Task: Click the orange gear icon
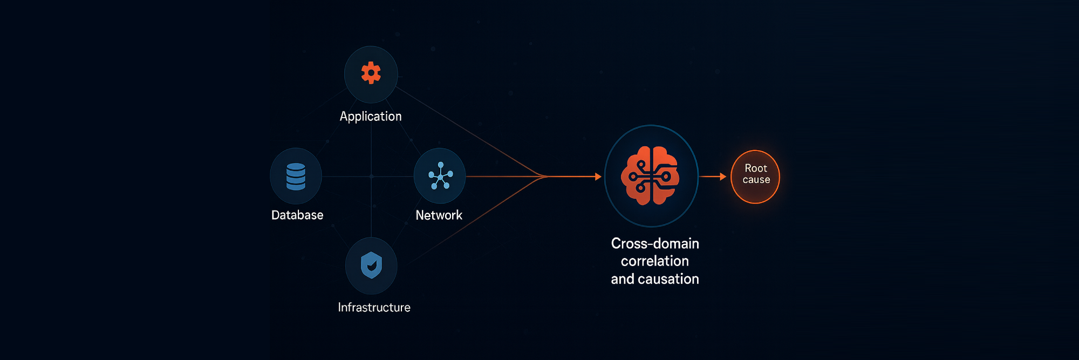click(371, 73)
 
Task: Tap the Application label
click(371, 117)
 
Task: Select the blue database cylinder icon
click(296, 176)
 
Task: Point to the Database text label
click(297, 215)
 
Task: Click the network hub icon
click(440, 176)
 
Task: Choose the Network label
click(439, 215)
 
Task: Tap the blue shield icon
click(371, 265)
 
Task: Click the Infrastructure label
click(374, 307)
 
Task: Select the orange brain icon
click(650, 176)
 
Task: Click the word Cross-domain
click(655, 243)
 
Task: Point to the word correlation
click(655, 261)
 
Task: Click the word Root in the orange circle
click(756, 168)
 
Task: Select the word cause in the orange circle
click(756, 180)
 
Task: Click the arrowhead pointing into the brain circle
click(598, 176)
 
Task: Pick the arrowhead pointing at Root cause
click(723, 176)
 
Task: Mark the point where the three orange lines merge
click(546, 176)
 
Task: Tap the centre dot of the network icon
click(441, 177)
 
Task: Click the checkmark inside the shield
click(372, 266)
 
